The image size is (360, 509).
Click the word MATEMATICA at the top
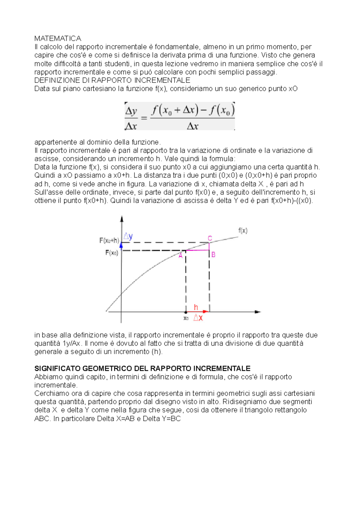pyautogui.click(x=58, y=38)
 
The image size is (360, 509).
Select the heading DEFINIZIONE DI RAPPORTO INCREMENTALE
pyautogui.click(x=112, y=80)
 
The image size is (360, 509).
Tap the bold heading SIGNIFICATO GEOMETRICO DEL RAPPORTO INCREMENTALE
pyautogui.click(x=142, y=368)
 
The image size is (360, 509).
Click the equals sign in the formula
pyautogui.click(x=144, y=118)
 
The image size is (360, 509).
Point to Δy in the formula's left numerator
pyautogui.click(x=131, y=111)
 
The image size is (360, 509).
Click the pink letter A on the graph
pyautogui.click(x=181, y=256)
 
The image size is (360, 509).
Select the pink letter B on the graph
pyautogui.click(x=213, y=255)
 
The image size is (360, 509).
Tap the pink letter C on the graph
pyautogui.click(x=210, y=238)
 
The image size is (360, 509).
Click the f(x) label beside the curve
pyautogui.click(x=243, y=231)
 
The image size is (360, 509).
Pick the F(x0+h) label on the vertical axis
pyautogui.click(x=109, y=240)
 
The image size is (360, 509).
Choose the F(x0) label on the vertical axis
pyautogui.click(x=112, y=253)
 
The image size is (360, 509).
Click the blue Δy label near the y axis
pyautogui.click(x=128, y=237)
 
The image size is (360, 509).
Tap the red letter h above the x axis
pyautogui.click(x=196, y=307)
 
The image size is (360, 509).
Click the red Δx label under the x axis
pyautogui.click(x=198, y=318)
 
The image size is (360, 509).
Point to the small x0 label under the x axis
pyautogui.click(x=186, y=318)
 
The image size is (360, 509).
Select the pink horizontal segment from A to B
pyautogui.click(x=197, y=250)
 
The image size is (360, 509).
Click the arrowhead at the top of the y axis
pyautogui.click(x=121, y=219)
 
